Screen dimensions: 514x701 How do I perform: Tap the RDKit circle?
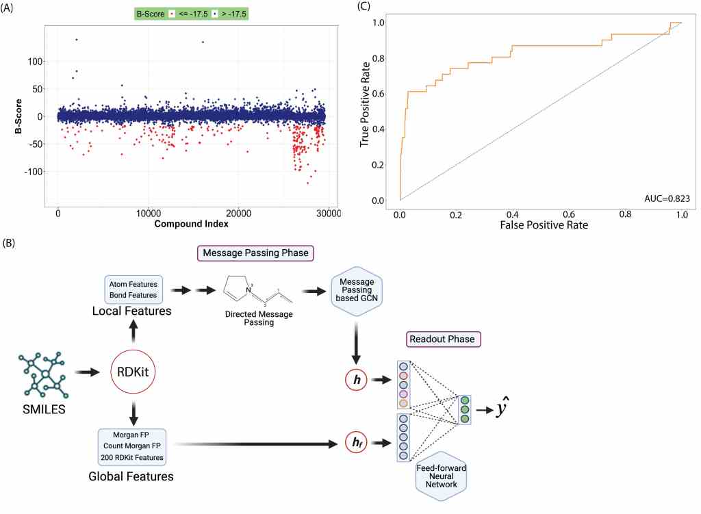[134, 373]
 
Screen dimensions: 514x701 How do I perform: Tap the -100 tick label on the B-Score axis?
[33, 171]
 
